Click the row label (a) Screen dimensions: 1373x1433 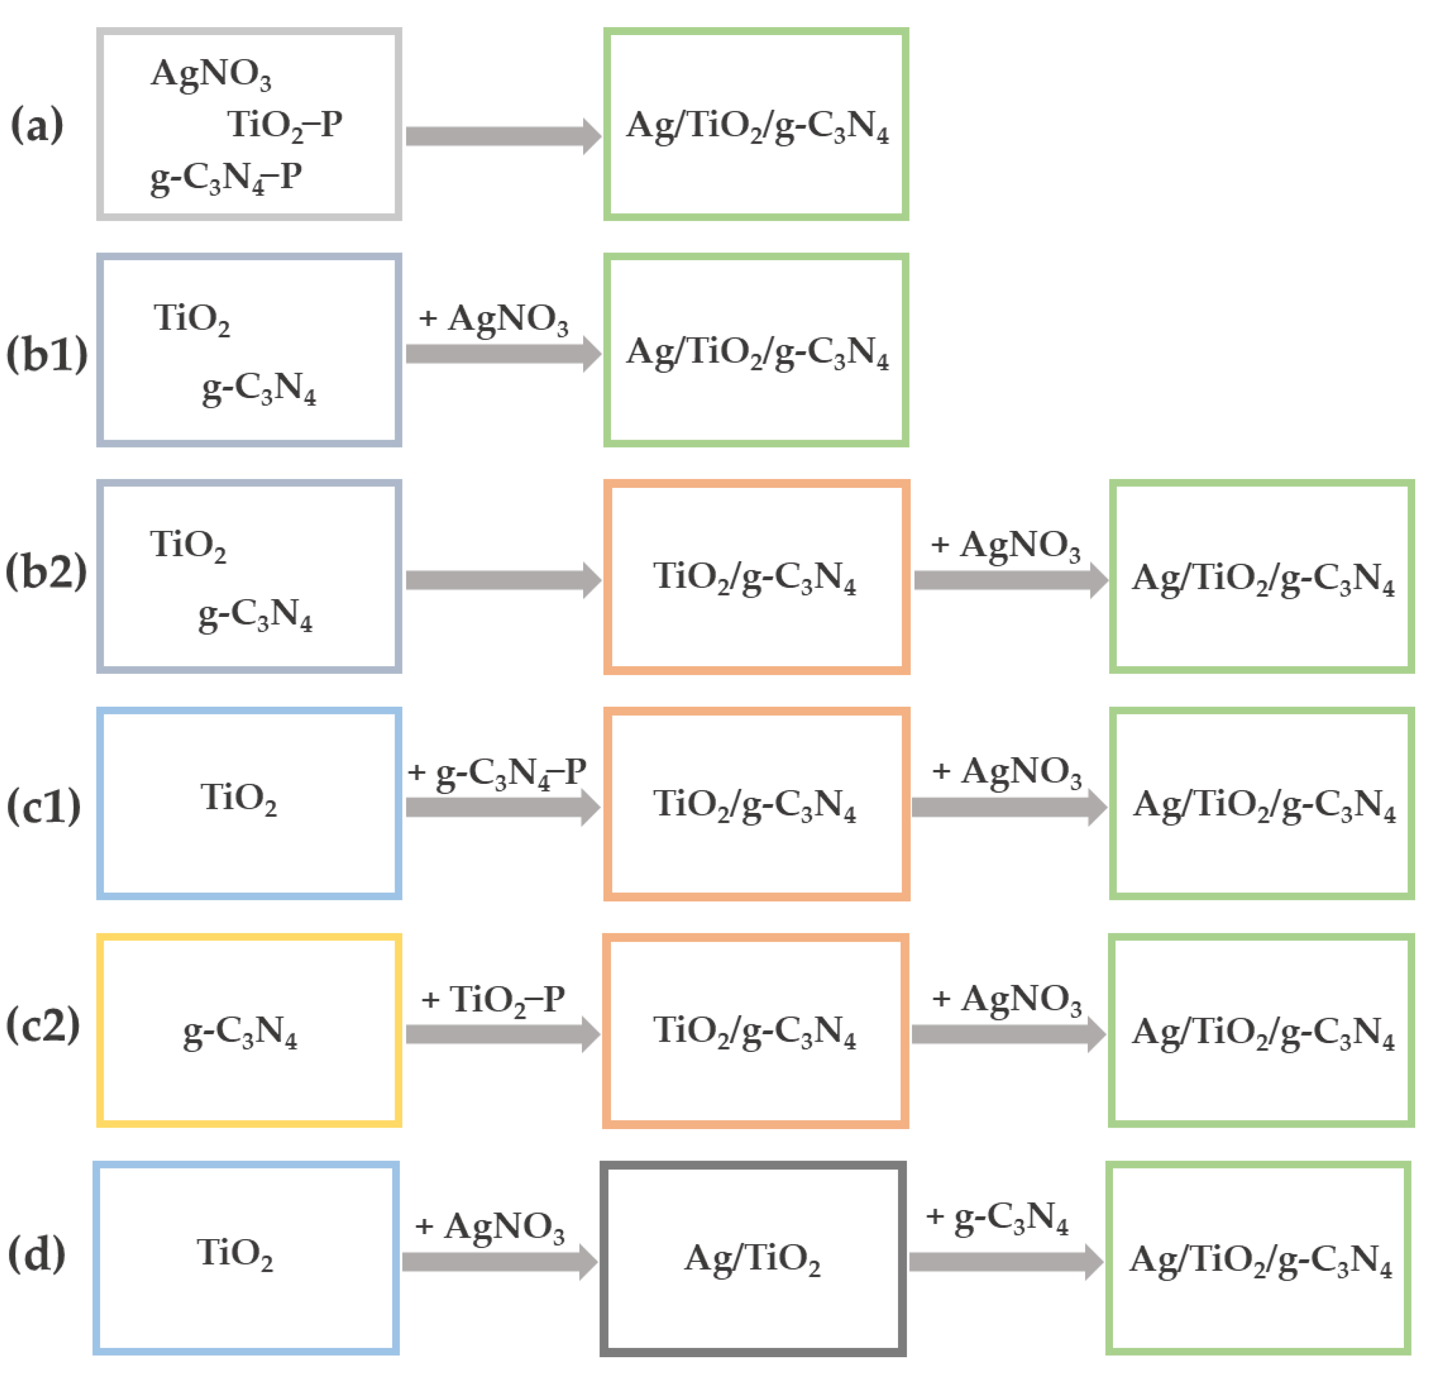[x=37, y=124]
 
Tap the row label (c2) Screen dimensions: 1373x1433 [x=43, y=1024]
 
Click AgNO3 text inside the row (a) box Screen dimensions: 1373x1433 [x=210, y=75]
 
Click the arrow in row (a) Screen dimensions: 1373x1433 [x=503, y=136]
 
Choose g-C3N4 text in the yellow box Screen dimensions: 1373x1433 [x=240, y=1032]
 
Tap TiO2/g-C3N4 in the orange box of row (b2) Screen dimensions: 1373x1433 [x=755, y=577]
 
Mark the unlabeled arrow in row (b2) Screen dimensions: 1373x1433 [x=503, y=580]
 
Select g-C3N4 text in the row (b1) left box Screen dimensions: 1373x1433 [x=259, y=388]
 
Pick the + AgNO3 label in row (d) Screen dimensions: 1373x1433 [x=490, y=1227]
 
